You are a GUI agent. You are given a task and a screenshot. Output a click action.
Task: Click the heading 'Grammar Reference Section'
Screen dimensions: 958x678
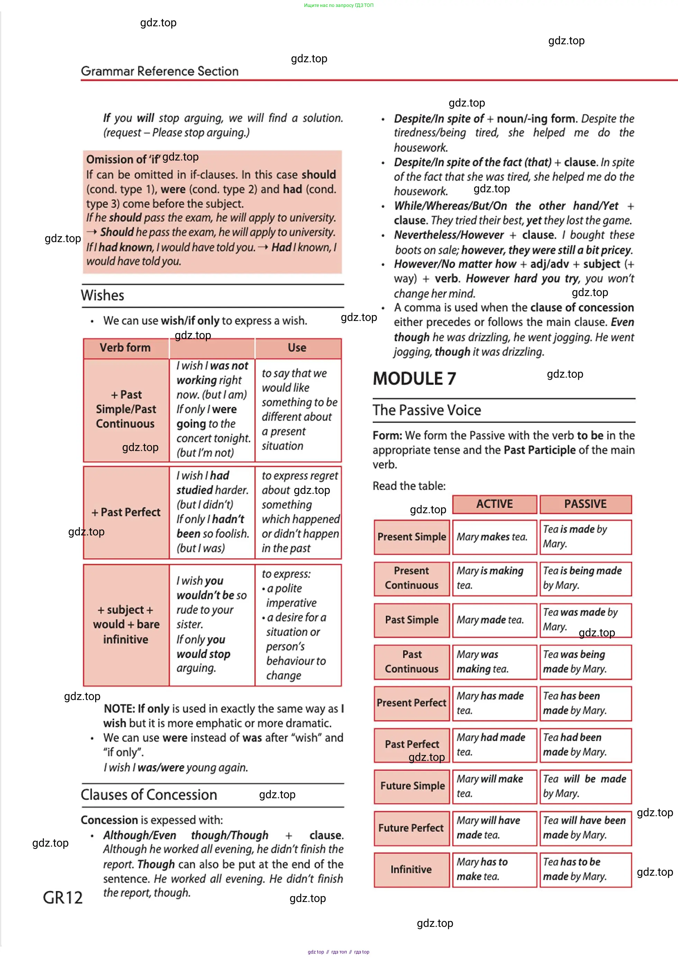159,71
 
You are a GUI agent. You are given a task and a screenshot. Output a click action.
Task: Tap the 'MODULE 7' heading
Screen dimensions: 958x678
414,379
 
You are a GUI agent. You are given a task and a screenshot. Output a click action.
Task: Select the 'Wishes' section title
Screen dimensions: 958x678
103,296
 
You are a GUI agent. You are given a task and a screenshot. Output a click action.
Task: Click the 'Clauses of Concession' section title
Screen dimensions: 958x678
149,794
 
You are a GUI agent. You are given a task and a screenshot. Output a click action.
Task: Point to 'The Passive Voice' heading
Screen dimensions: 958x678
427,410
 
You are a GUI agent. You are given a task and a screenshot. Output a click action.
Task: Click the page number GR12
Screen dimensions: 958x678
63,897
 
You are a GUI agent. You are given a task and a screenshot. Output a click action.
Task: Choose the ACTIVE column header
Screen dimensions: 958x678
494,504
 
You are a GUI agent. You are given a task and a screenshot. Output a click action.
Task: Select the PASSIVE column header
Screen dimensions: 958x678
585,504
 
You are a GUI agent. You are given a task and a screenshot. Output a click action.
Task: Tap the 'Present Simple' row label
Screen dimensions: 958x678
412,537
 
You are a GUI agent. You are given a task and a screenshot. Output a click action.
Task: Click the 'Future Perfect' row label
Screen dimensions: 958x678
411,828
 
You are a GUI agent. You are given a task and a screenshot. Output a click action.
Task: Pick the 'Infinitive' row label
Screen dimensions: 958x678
411,869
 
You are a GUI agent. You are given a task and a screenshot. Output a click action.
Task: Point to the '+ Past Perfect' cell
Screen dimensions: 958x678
126,513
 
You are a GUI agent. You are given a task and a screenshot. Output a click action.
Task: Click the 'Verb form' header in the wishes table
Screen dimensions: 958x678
125,348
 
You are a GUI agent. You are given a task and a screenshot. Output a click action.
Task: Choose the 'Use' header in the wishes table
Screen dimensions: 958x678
297,348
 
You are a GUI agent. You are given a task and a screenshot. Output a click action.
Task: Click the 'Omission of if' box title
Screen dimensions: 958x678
123,159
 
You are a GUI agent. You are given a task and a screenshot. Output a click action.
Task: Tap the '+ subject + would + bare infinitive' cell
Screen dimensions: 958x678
126,625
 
